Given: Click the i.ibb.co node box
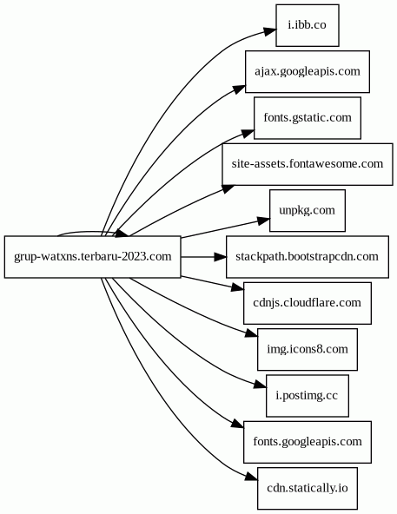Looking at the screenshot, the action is pos(308,25).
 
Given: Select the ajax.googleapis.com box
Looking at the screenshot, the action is pos(308,71).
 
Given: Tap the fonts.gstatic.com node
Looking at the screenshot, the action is pos(308,118).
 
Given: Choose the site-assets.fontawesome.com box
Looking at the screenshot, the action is pos(308,164).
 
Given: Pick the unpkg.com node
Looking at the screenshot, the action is pos(308,210).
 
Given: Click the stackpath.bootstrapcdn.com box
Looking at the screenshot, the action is pos(308,257).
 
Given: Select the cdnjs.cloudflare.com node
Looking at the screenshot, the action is pos(308,303).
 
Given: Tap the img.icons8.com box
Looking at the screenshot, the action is pos(308,349).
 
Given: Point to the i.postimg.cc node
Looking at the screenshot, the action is pos(308,396).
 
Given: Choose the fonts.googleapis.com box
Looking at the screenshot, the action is pos(308,442).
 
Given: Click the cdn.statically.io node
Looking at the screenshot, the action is pos(308,489).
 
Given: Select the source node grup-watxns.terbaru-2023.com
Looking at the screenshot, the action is pos(93,257).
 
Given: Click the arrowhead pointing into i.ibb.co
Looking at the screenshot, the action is pos(269,31).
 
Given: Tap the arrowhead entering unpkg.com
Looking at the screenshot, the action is pos(264,221).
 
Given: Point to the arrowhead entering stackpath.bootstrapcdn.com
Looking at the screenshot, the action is pos(220,257).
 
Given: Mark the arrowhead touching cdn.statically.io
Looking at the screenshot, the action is pos(252,477).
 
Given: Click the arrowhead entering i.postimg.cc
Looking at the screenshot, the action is pos(261,384).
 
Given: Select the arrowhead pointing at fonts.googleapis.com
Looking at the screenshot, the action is pos(237,424).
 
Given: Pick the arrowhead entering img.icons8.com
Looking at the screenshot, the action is pos(251,333).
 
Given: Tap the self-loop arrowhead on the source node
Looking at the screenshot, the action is pos(122,233).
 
